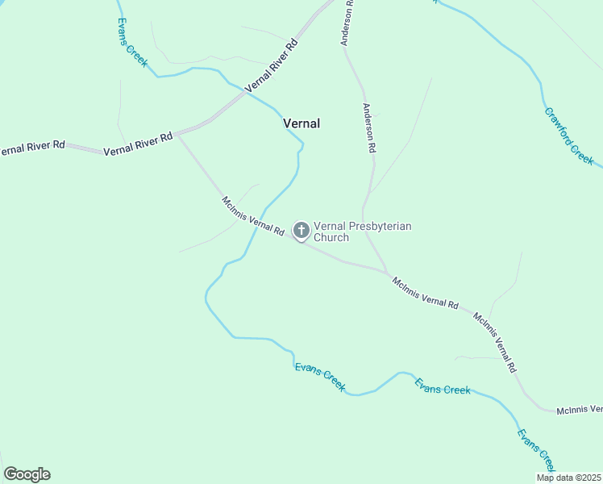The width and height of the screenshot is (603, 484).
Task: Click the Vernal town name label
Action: [301, 123]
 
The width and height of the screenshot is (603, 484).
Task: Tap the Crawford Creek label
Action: [570, 136]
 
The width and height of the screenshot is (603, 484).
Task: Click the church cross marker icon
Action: [301, 231]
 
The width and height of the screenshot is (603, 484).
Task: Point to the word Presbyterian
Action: [379, 227]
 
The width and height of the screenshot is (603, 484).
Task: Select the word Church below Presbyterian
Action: [331, 238]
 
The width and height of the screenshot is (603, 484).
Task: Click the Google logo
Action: [27, 474]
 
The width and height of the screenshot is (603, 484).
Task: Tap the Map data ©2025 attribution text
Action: [568, 478]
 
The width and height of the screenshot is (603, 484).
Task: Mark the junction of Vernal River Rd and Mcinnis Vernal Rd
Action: [177, 135]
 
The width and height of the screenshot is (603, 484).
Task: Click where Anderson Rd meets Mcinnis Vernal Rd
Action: [388, 271]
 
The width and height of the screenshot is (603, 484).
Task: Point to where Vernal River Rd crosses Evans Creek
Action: [245, 92]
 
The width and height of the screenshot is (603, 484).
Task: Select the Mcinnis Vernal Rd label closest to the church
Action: [253, 216]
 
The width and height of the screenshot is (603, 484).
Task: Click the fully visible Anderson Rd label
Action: [369, 128]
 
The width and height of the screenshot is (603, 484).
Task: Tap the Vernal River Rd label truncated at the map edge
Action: [31, 148]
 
